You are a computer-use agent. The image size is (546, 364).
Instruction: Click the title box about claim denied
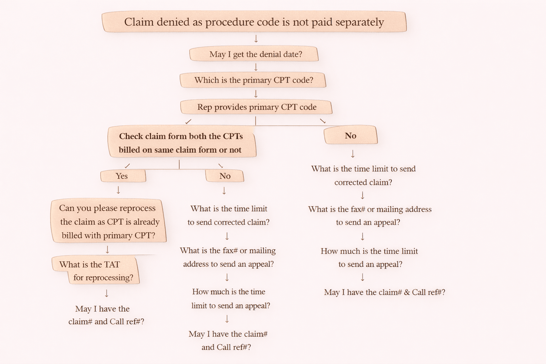pos(254,22)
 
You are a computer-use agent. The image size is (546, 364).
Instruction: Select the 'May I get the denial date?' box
pos(254,54)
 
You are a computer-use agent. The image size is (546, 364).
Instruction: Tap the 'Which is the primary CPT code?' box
pos(253,80)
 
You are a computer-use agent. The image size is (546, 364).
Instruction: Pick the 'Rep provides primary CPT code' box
pos(256,107)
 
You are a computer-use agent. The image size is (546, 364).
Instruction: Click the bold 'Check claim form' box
pos(181,143)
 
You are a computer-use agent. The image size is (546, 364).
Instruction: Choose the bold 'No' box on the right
pos(350,135)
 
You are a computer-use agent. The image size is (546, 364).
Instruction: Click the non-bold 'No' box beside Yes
pos(225,176)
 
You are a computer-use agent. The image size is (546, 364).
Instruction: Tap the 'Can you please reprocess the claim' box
pos(108,221)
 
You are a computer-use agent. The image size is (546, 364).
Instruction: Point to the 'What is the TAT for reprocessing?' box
pos(96,271)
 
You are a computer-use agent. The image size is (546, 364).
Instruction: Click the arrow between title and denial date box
pos(256,39)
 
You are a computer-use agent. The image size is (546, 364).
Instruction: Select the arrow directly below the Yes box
pos(118,191)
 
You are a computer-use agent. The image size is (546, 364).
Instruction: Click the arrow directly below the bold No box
pos(353,154)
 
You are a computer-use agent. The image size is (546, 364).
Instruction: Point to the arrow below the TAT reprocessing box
pos(107,293)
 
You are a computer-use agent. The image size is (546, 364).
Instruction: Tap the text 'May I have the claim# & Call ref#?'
pos(384,292)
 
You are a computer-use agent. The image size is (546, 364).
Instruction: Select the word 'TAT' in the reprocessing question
pos(112,264)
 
